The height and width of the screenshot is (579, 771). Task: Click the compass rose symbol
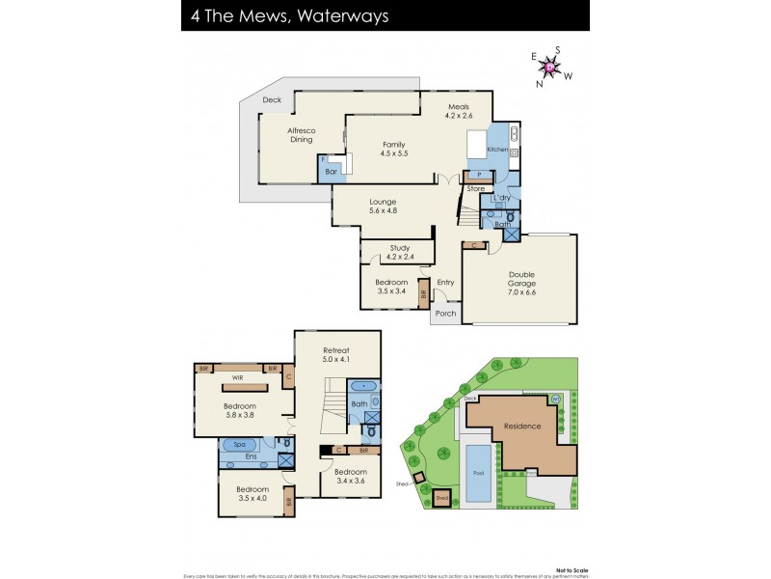click(x=549, y=67)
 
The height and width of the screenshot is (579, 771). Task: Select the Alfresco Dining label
click(x=302, y=134)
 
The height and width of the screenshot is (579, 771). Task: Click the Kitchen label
click(x=496, y=151)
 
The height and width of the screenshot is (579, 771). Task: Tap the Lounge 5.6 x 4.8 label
click(x=383, y=207)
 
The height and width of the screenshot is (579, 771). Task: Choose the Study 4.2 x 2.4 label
click(x=399, y=253)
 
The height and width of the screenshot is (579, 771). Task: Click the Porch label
click(x=445, y=314)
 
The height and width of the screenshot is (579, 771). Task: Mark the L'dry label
click(x=501, y=198)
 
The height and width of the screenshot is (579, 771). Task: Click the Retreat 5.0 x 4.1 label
click(x=336, y=354)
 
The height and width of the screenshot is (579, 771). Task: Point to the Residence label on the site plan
click(x=520, y=426)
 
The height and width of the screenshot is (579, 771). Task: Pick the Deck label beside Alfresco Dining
click(x=272, y=99)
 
